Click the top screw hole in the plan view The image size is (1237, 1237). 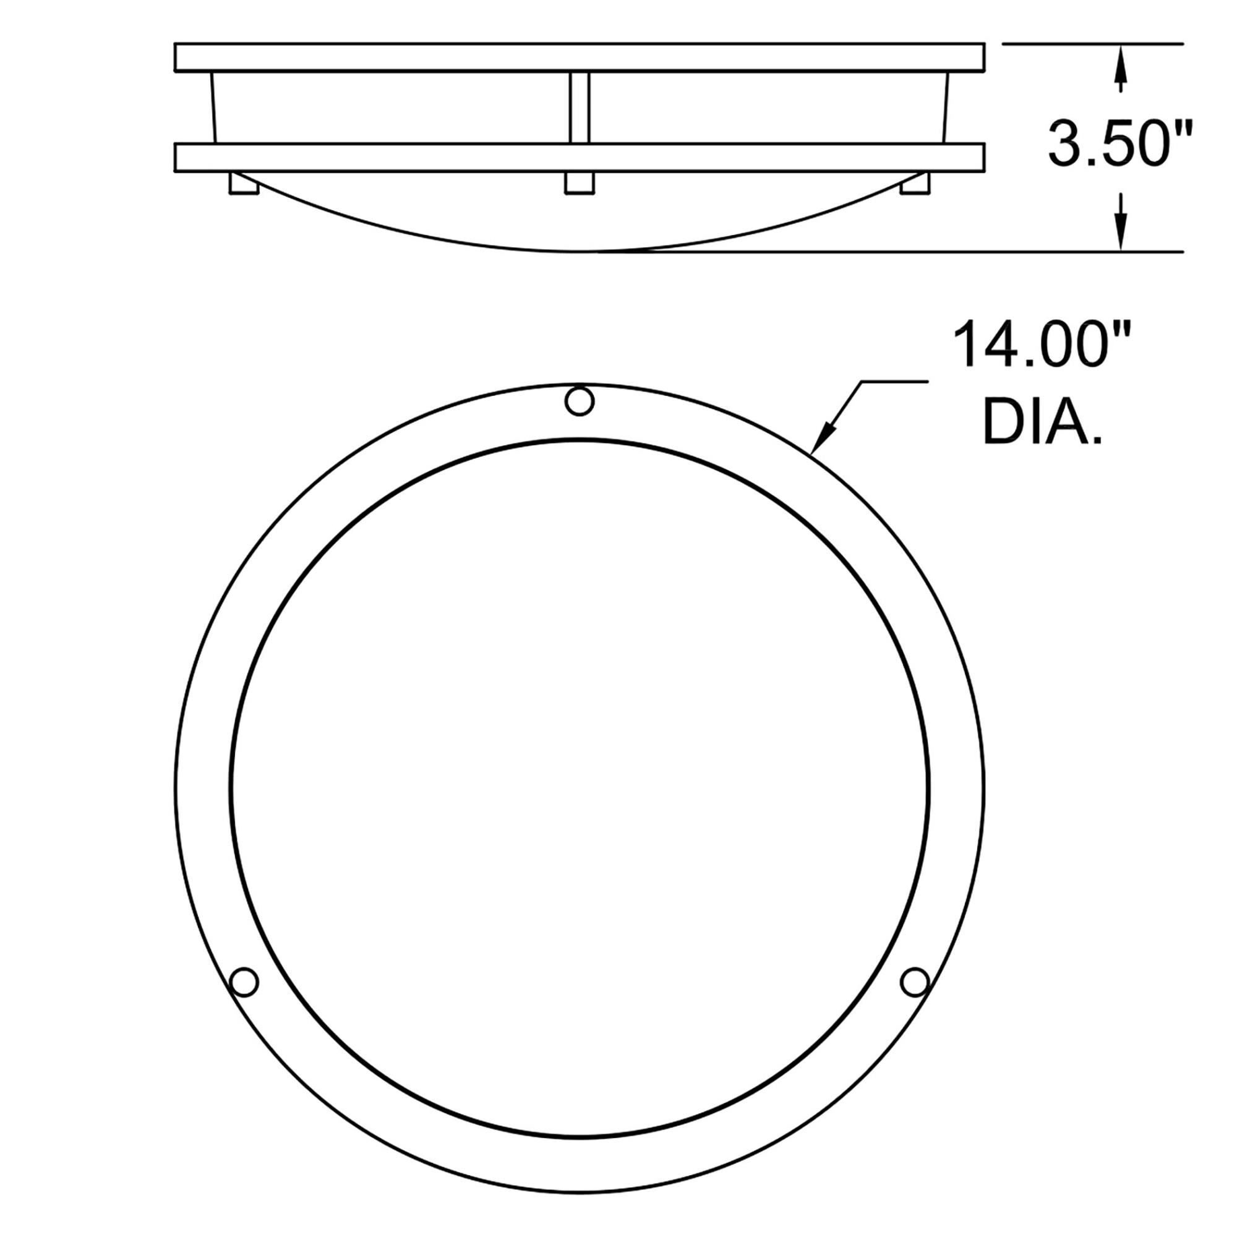pyautogui.click(x=580, y=401)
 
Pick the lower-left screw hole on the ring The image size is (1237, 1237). pyautogui.click(x=244, y=999)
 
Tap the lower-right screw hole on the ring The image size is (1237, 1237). pyautogui.click(x=914, y=999)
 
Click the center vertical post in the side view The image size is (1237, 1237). pyautogui.click(x=579, y=108)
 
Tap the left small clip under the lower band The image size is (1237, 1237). pyautogui.click(x=244, y=183)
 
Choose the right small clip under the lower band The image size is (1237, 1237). pyautogui.click(x=914, y=184)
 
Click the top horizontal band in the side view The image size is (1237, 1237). pyautogui.click(x=580, y=57)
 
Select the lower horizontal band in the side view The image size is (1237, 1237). pyautogui.click(x=580, y=158)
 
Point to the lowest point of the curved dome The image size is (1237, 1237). pyautogui.click(x=580, y=251)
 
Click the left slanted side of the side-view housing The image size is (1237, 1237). pyautogui.click(x=212, y=108)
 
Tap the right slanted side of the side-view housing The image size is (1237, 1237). pyautogui.click(x=946, y=108)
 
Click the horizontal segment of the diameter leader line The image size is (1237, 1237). pyautogui.click(x=893, y=382)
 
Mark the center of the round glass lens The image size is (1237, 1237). pyautogui.click(x=580, y=787)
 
